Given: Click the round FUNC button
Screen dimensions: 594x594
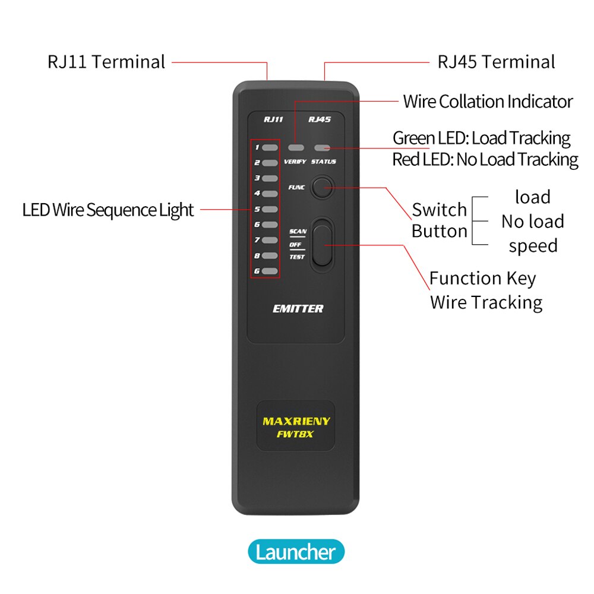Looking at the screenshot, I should click(322, 187).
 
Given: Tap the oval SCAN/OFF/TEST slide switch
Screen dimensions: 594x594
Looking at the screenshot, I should click(322, 242).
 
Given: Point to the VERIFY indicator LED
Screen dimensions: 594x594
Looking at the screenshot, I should click(296, 147).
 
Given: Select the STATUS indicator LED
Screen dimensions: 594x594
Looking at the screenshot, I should click(323, 147).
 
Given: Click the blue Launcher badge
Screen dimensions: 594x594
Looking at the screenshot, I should click(296, 552).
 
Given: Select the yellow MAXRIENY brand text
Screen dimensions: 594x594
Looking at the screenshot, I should click(296, 421).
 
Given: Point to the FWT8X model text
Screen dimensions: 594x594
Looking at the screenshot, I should click(296, 434).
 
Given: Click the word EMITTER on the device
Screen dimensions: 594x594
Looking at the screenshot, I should click(298, 308).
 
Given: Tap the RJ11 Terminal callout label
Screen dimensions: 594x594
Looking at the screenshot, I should click(106, 62).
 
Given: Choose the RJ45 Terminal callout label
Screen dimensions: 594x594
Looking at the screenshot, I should click(496, 62).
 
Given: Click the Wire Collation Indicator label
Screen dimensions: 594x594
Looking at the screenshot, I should click(488, 102).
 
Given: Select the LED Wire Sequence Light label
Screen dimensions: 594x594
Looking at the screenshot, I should click(108, 210).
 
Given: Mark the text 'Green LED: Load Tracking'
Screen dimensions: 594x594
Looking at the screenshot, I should click(481, 138).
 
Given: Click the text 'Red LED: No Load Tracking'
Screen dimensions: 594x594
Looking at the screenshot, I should click(485, 159).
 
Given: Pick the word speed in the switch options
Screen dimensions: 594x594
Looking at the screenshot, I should click(533, 246).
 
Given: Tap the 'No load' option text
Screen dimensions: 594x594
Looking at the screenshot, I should click(532, 222).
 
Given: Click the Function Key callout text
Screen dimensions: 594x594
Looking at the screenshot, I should click(482, 278).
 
